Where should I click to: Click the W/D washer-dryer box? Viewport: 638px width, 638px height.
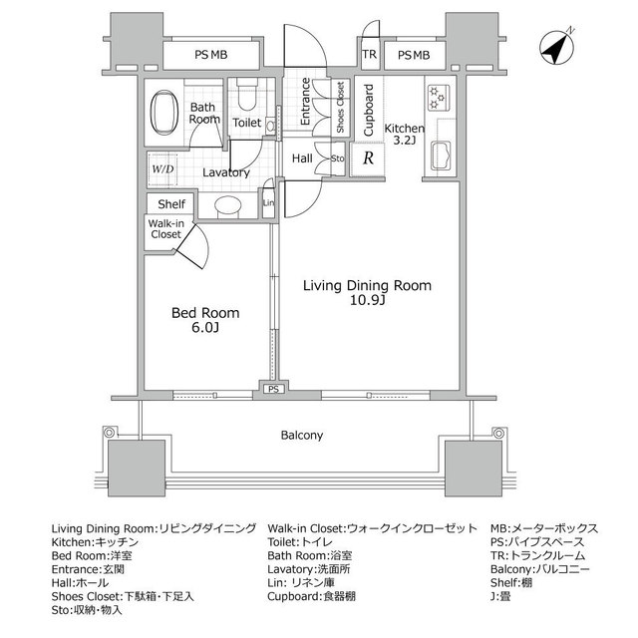pyautogui.click(x=161, y=168)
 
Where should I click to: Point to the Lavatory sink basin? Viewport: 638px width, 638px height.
pyautogui.click(x=229, y=207)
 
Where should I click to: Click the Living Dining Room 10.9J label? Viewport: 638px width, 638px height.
pyautogui.click(x=367, y=292)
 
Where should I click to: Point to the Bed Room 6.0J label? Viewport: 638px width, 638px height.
pyautogui.click(x=205, y=319)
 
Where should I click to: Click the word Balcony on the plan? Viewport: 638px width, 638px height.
pyautogui.click(x=301, y=436)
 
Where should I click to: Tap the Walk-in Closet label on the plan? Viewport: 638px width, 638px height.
pyautogui.click(x=165, y=229)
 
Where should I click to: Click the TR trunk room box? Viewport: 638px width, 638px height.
pyautogui.click(x=369, y=55)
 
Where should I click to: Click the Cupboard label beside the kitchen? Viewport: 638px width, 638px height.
pyautogui.click(x=368, y=111)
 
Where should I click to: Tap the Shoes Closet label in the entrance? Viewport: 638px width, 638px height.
pyautogui.click(x=340, y=109)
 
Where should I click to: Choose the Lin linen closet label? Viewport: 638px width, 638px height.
pyautogui.click(x=267, y=203)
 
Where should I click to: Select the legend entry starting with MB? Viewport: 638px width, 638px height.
pyautogui.click(x=544, y=528)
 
